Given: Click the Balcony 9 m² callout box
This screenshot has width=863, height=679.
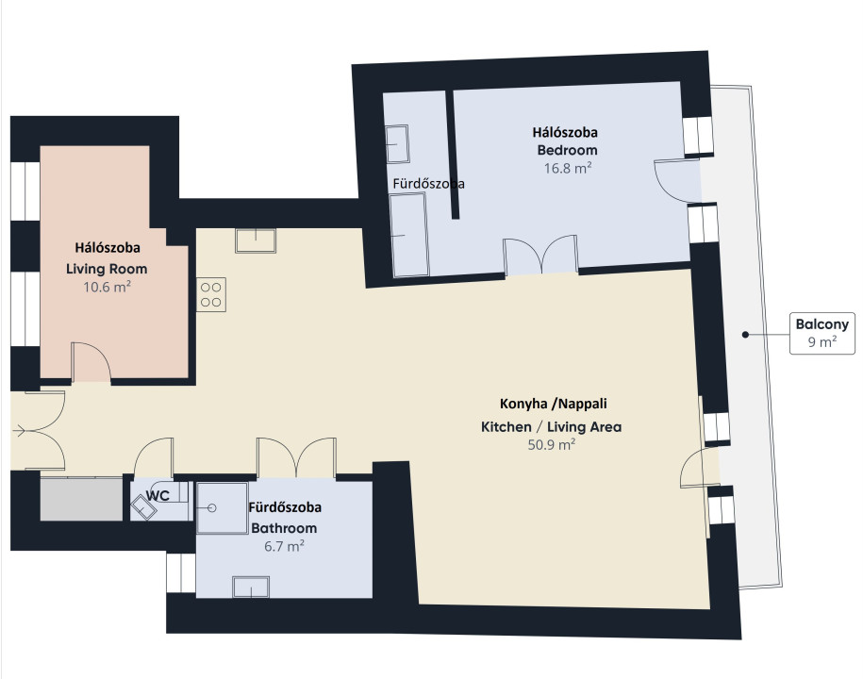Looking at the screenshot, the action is [822, 334].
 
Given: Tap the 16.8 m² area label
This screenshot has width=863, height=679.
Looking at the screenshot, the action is [568, 168].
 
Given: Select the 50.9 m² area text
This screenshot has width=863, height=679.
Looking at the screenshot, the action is [552, 444].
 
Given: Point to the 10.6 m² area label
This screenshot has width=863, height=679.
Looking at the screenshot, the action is [107, 287].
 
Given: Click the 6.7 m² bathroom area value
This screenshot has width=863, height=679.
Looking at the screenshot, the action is [284, 546].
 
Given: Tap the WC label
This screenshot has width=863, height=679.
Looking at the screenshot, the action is [158, 495].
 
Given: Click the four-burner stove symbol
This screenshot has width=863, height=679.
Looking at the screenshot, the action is [210, 294].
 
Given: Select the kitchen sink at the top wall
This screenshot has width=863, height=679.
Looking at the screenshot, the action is [256, 240].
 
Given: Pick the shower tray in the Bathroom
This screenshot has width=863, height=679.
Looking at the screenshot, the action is [222, 508].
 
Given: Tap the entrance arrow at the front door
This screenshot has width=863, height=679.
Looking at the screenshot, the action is [18, 431].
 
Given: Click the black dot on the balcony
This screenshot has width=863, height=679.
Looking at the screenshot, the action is [745, 334].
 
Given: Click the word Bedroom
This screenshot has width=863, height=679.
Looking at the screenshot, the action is [567, 150].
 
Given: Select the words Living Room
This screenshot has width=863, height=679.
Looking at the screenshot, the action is [107, 269].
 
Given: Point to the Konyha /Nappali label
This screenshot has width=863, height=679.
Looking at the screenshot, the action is [553, 404].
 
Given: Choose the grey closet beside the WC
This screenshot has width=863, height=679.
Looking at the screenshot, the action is [81, 499].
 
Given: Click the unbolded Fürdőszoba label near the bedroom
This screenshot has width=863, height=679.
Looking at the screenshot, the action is [428, 184].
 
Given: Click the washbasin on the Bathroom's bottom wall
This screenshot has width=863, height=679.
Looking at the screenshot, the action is [251, 587].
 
